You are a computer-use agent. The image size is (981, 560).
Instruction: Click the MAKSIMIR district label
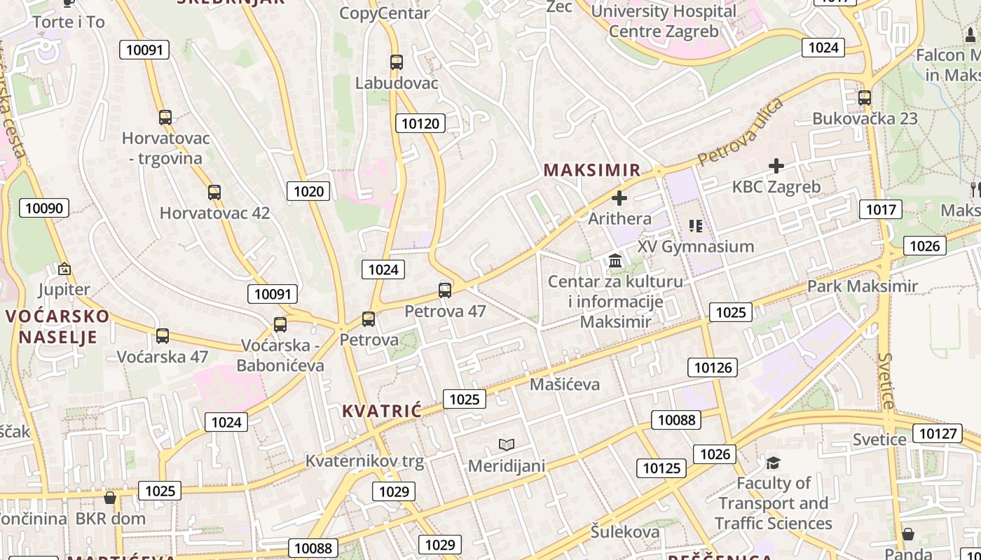point(592,170)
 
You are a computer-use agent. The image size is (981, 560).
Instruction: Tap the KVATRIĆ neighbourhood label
point(382,411)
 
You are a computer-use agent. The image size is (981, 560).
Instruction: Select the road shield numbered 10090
point(44,207)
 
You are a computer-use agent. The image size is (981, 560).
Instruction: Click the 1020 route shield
point(308,191)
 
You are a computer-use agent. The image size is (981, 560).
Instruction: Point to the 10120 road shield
point(420,124)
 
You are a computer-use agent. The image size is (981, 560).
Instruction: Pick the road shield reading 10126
point(713,367)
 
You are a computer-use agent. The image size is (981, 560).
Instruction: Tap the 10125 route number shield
point(661,468)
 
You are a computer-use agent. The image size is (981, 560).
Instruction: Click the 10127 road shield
point(938,433)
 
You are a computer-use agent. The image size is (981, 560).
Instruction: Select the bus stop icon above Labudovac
point(397,62)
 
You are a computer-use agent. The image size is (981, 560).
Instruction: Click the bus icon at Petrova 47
point(445,290)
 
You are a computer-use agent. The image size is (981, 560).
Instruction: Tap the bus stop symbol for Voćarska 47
point(163,336)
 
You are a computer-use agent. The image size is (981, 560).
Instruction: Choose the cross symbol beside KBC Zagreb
point(776,166)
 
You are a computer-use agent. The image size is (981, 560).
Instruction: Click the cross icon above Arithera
point(619,198)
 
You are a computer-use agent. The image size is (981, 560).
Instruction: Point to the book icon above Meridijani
point(507,444)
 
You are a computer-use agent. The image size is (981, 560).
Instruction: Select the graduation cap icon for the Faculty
point(773,463)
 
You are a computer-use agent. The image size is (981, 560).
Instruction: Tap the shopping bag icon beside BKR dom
point(110,498)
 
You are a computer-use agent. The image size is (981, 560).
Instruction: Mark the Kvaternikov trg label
point(364,461)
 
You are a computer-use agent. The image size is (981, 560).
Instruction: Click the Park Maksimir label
point(862,286)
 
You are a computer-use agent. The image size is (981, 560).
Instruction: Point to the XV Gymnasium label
point(696,246)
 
